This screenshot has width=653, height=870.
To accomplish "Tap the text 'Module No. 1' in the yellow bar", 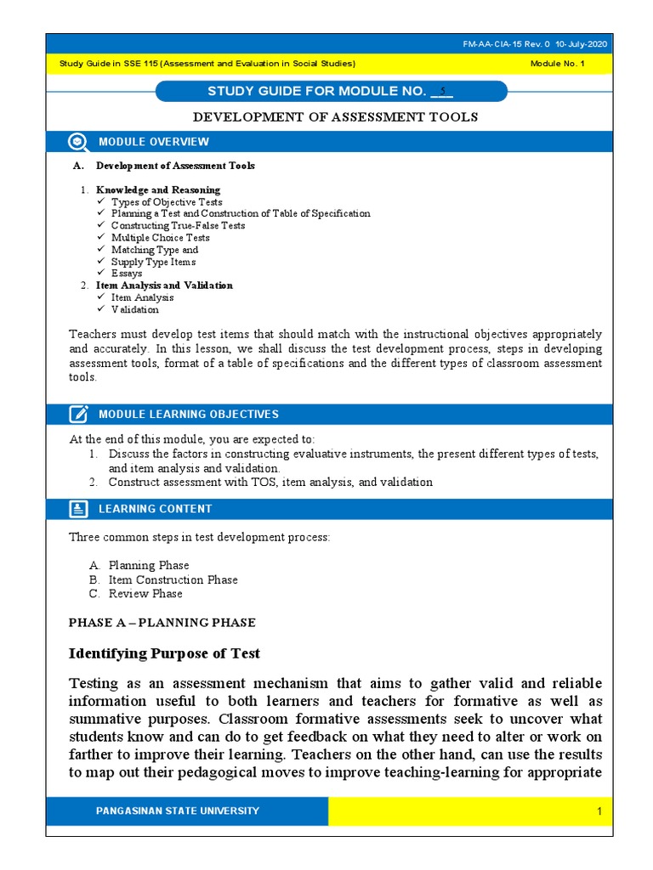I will [557, 64].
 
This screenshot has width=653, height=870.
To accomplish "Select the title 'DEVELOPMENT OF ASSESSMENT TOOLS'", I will [336, 117].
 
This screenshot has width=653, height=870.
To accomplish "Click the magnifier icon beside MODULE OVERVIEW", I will [78, 142].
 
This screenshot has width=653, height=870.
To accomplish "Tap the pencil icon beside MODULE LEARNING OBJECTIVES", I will [78, 414].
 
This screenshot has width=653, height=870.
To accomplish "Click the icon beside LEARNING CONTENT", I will [78, 509].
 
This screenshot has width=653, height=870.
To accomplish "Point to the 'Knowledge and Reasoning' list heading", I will [157, 189].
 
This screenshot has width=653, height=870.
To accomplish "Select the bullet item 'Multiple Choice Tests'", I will [160, 238].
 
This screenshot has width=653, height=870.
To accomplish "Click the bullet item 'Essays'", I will [127, 274].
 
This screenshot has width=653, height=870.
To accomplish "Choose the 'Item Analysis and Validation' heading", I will [164, 285].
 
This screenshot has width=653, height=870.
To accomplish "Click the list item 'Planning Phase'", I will [149, 565].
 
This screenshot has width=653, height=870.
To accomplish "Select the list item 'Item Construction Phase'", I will [173, 579].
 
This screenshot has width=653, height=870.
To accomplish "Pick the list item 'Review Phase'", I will [145, 594].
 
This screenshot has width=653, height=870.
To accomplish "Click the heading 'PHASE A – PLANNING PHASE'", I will [162, 623].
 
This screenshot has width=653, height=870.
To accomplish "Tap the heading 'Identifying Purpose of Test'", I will [164, 653].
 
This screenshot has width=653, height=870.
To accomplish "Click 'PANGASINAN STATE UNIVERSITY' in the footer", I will [178, 811].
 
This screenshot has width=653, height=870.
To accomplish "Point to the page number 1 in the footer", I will [599, 812].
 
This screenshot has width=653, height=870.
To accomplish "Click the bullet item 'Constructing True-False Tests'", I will [178, 226].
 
